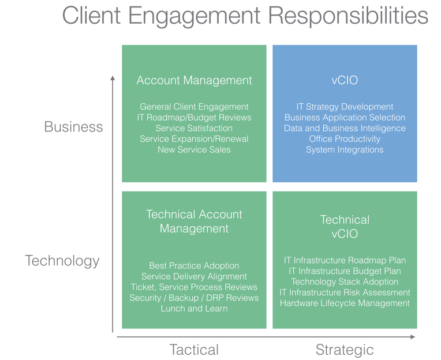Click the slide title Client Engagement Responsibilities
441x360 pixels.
[245, 17]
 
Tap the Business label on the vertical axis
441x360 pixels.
[73, 126]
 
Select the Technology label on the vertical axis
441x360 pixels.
[62, 260]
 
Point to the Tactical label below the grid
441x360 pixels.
[194, 349]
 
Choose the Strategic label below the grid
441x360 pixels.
[345, 349]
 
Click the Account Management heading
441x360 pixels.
[194, 80]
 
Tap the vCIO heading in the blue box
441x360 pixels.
[345, 80]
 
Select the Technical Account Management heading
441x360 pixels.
[194, 222]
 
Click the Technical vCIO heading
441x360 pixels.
[345, 227]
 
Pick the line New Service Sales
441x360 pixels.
[194, 149]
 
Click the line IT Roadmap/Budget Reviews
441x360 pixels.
[194, 117]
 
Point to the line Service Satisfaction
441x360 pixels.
[194, 128]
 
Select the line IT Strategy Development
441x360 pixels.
[345, 107]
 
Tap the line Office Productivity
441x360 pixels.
[345, 139]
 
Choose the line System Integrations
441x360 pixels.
[345, 149]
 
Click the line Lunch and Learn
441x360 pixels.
[194, 308]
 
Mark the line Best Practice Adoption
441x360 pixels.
[194, 265]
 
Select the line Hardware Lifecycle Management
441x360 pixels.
[345, 303]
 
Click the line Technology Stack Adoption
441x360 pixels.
[345, 282]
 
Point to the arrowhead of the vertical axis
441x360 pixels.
[113, 77]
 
